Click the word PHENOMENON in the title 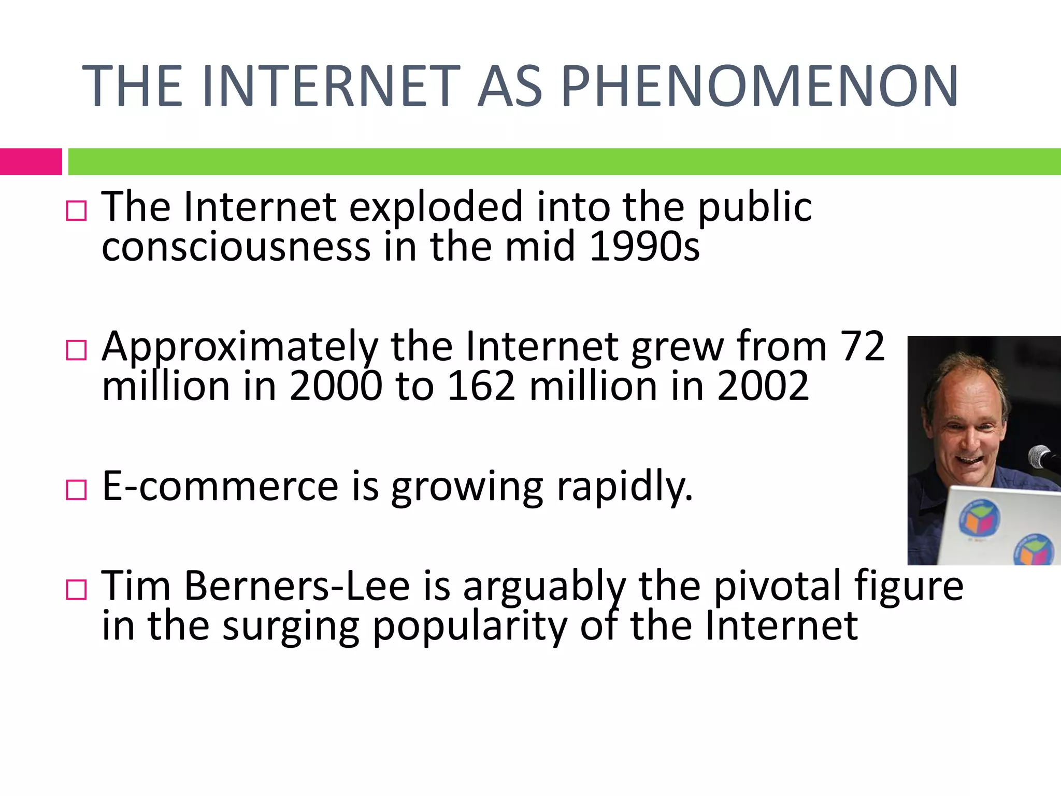tap(759, 86)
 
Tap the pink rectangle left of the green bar tap(31, 162)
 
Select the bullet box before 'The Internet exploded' tap(76, 211)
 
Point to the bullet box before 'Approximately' tap(76, 350)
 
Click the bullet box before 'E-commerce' tap(76, 490)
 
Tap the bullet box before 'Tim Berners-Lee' tap(76, 590)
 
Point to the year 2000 tap(336, 386)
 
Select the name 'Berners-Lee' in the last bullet tap(297, 586)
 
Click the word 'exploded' tap(436, 207)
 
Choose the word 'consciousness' tap(236, 246)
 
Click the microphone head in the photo tap(1039, 456)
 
